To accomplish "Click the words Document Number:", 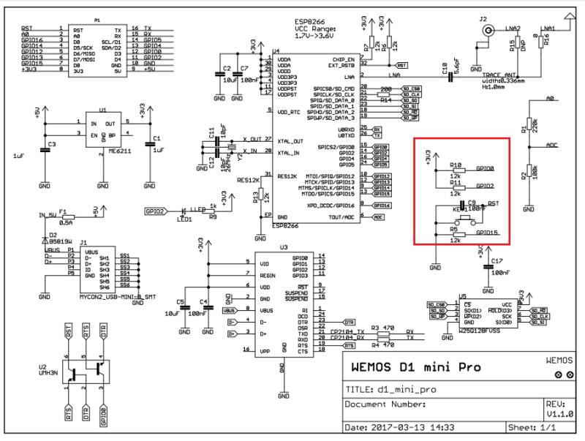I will point(385,403).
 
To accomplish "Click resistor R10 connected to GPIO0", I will point(455,173).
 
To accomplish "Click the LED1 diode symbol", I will point(182,211).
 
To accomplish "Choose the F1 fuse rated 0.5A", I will point(66,216).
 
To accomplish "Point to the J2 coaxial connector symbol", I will point(483,30).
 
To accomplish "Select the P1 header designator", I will point(98,20).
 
